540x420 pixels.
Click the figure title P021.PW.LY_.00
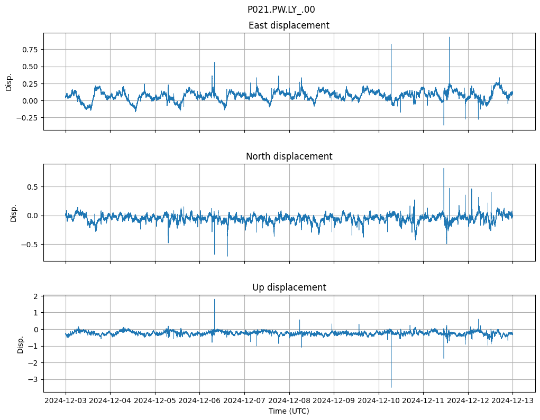(x=281, y=10)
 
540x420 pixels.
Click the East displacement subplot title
(x=289, y=25)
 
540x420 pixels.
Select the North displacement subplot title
(x=289, y=156)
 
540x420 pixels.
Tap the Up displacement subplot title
(x=289, y=287)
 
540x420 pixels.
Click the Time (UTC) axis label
(x=289, y=410)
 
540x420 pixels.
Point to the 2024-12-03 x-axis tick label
(x=66, y=401)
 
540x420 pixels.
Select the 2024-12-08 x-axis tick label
(x=289, y=401)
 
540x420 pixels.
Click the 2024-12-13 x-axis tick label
(x=512, y=401)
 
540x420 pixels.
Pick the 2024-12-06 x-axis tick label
(x=200, y=401)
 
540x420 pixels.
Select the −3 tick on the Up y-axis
(x=35, y=379)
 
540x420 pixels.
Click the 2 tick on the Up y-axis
(x=37, y=296)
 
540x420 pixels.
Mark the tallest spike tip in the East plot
(x=449, y=37)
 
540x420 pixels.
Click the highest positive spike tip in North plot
(x=444, y=168)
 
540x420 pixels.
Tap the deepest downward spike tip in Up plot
(x=391, y=387)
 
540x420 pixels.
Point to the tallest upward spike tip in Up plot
(x=214, y=300)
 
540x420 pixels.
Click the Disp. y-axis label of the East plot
(x=9, y=82)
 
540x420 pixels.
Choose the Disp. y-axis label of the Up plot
(x=21, y=344)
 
